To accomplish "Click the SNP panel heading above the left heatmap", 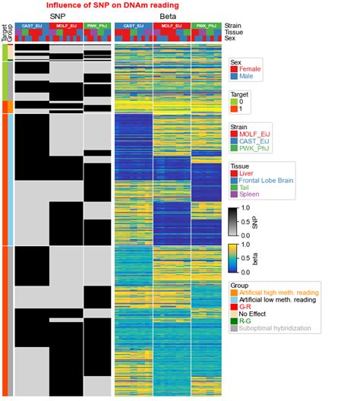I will tap(57, 15).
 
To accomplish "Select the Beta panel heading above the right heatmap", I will tap(169, 15).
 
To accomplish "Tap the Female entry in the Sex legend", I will tap(250, 69).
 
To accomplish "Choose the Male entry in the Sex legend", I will tap(247, 77).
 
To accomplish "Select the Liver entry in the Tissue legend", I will tap(247, 174).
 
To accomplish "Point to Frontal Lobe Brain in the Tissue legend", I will tap(266, 182).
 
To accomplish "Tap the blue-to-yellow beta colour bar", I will tap(234, 257).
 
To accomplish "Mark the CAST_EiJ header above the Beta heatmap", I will tap(133, 25).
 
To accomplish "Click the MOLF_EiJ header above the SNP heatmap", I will tap(64, 25).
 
